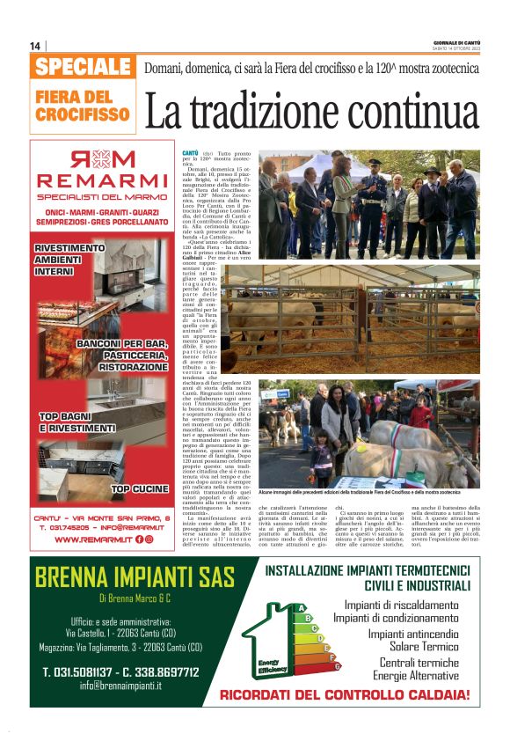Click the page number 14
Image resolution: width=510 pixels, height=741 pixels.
tap(35, 46)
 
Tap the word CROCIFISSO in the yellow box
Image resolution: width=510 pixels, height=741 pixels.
tap(84, 114)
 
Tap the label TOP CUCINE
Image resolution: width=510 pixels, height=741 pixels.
tap(137, 488)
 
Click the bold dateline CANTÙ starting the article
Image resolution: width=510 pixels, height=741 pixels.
tap(191, 153)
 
